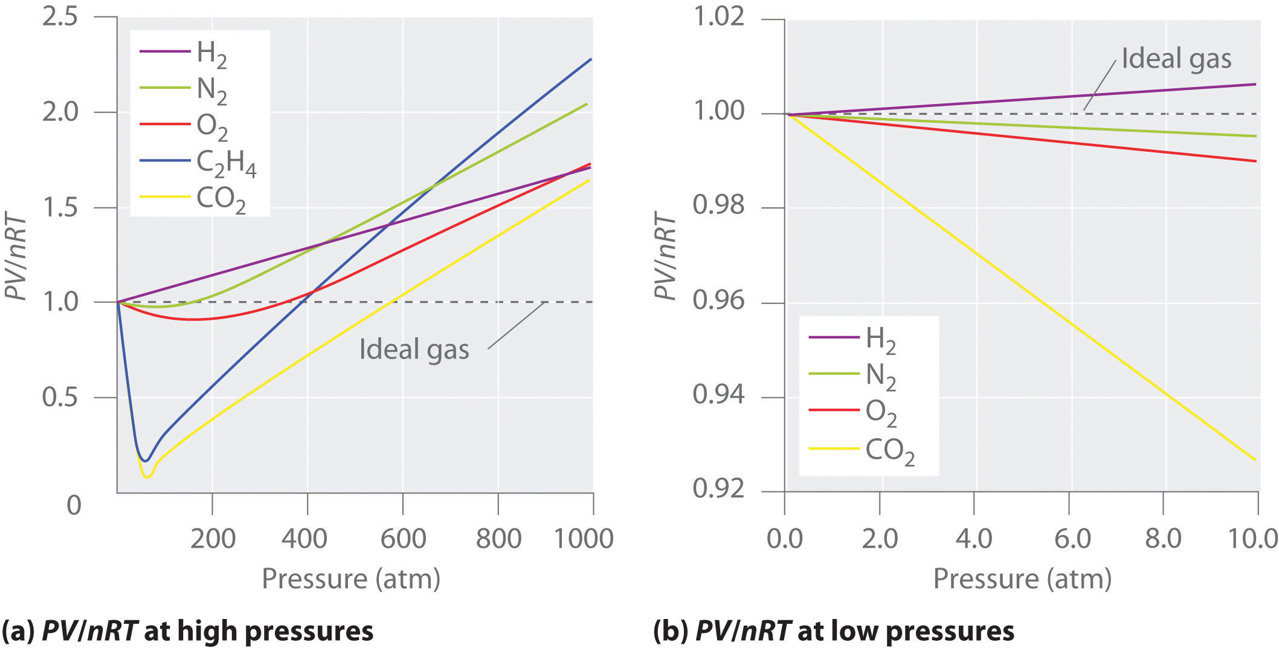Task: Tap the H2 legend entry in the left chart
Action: click(x=184, y=53)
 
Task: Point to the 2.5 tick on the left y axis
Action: click(x=60, y=17)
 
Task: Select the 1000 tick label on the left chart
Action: click(x=583, y=538)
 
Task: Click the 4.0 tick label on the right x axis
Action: click(x=973, y=538)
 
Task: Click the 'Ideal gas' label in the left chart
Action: click(x=414, y=349)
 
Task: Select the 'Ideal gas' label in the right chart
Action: click(x=1176, y=59)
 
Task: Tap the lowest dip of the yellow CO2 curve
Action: click(x=147, y=476)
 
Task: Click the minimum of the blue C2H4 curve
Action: click(x=144, y=461)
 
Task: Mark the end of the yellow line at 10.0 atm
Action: click(x=1255, y=460)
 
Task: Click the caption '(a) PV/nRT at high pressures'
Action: click(x=187, y=631)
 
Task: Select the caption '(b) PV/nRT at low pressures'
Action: click(x=834, y=631)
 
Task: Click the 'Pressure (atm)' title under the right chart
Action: click(x=1022, y=578)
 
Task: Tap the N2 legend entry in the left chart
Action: click(x=184, y=89)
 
